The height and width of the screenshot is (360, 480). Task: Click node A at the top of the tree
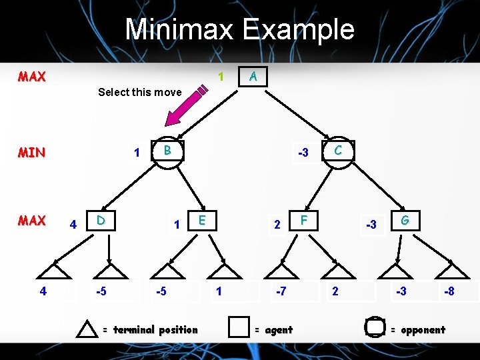253,77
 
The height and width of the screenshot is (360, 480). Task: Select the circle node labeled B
168,151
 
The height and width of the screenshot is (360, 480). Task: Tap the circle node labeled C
338,151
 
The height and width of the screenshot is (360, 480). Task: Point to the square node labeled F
304,221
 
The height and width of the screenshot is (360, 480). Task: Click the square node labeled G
405,221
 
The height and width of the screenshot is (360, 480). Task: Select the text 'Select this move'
139,92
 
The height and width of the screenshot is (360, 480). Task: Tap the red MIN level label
32,153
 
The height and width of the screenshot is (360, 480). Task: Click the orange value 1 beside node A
221,77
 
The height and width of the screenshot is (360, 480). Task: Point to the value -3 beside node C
303,153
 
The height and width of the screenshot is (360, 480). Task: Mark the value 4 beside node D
73,225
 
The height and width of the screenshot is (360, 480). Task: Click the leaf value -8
450,291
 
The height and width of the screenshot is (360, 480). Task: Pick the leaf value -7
281,291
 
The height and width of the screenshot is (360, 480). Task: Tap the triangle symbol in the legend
87,329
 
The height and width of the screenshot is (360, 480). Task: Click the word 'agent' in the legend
279,329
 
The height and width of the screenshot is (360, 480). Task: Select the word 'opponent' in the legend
422,329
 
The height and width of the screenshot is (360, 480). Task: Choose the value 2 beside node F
277,225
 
